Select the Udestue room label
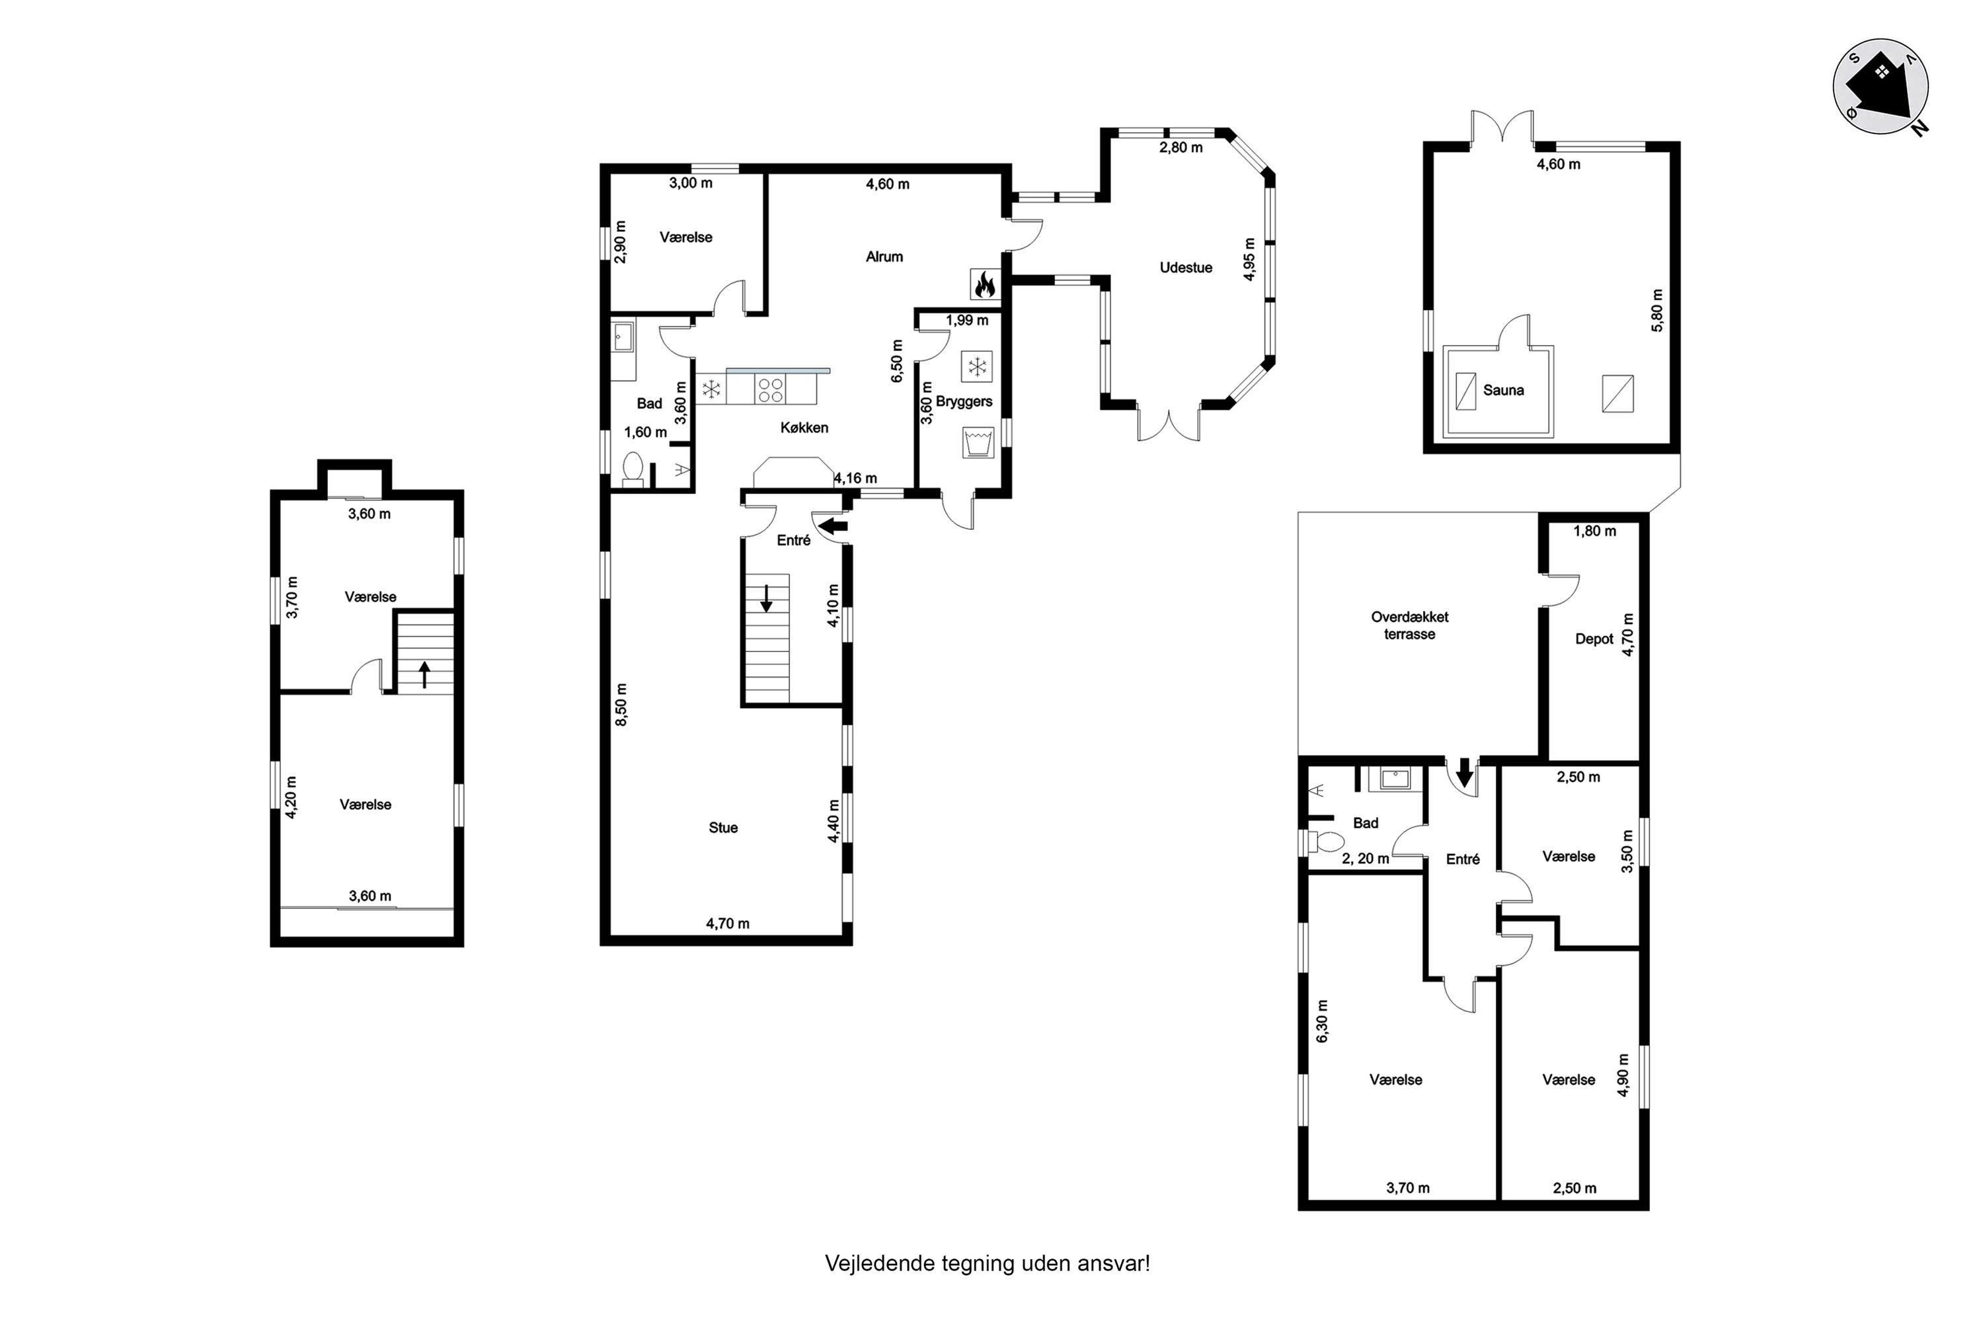[x=1185, y=268]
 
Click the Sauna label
[x=1503, y=391]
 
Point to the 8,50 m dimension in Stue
[x=621, y=705]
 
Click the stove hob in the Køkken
[x=771, y=389]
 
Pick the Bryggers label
[x=964, y=402]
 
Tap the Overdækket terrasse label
[x=1410, y=625]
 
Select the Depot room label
[x=1594, y=639]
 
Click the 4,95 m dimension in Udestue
[x=1249, y=260]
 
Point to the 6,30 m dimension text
[x=1322, y=1021]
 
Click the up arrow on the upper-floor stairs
[x=425, y=674]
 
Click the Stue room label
[x=723, y=828]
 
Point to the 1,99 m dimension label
[x=967, y=321]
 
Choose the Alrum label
[x=884, y=257]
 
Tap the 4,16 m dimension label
[x=856, y=479]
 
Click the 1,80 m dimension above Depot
[x=1595, y=531]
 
